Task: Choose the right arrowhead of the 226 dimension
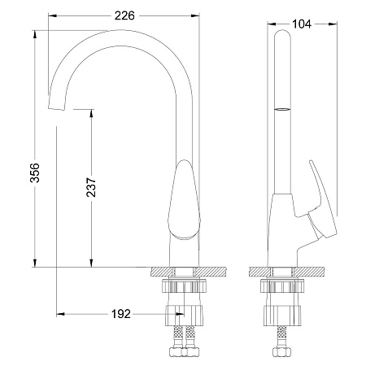pos(195,15)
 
